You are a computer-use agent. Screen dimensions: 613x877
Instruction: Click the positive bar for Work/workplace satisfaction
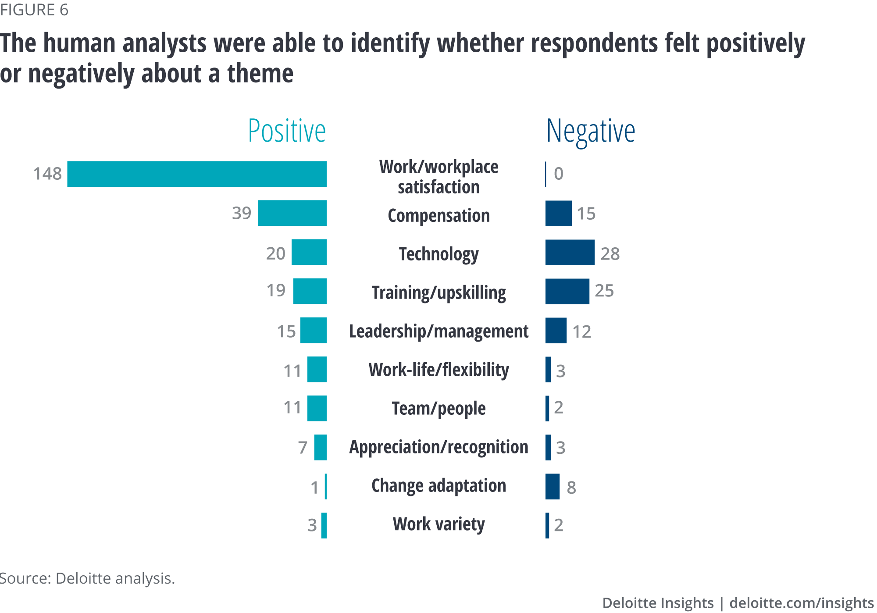197,174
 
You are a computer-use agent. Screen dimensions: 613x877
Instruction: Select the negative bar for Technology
570,253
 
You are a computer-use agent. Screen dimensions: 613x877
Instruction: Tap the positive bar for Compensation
292,213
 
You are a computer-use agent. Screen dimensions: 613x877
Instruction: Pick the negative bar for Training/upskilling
567,291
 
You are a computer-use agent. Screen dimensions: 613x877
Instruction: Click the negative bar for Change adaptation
552,487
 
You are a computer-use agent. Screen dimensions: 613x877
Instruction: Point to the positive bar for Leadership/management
313,330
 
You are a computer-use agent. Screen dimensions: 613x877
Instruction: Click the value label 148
47,174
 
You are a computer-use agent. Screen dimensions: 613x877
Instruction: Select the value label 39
242,213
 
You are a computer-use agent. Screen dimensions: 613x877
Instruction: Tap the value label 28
610,254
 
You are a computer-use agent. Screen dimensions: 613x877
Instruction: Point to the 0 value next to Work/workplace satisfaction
558,174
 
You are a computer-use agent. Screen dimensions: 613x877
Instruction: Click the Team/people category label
438,408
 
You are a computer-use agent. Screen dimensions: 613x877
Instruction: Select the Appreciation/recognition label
438,447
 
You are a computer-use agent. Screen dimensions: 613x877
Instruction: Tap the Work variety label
438,524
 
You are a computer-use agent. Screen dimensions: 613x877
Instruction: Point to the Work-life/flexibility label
438,370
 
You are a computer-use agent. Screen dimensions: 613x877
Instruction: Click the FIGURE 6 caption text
34,10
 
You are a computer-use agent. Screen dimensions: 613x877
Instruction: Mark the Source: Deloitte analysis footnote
87,578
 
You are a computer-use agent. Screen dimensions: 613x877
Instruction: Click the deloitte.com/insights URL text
801,603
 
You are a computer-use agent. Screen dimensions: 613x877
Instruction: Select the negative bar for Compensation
558,214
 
